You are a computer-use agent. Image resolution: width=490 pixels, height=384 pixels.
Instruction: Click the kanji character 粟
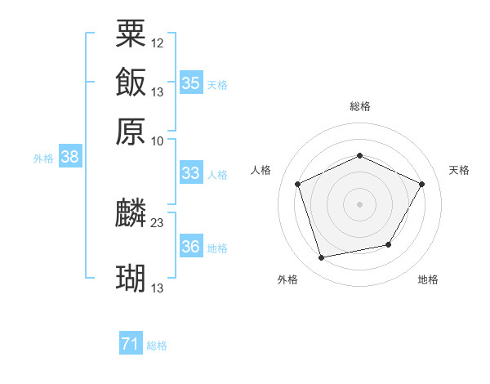(131, 33)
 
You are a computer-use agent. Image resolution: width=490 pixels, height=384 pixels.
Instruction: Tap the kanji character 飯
(131, 82)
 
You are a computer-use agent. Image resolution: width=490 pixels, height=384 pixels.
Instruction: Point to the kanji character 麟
(131, 213)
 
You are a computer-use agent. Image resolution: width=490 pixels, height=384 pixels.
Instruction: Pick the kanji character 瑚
(131, 279)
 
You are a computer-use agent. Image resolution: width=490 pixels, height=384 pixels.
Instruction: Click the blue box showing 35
(191, 83)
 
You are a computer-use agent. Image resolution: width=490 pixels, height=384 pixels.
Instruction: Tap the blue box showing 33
(190, 173)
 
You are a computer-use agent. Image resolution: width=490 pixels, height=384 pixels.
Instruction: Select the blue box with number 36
(191, 247)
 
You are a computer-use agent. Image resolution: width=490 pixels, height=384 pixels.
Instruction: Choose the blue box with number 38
(69, 158)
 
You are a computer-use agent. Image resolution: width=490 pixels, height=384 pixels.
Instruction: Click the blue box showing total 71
(130, 345)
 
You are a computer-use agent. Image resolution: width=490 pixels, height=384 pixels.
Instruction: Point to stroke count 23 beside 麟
(158, 221)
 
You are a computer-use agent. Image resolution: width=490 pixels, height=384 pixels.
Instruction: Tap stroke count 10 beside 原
(158, 140)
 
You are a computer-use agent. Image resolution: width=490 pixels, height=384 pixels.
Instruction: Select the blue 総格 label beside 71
(157, 346)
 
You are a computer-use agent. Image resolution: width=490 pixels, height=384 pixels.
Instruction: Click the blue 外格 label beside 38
(43, 159)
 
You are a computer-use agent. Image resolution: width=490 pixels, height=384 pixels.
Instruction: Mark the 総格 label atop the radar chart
(359, 106)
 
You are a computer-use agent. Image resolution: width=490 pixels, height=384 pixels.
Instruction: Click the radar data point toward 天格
(421, 184)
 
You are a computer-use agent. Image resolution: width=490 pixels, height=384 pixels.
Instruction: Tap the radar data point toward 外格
(321, 258)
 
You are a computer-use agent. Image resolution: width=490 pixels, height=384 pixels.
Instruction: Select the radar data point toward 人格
(298, 184)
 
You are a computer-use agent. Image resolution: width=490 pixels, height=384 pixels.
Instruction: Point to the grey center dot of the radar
(359, 203)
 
